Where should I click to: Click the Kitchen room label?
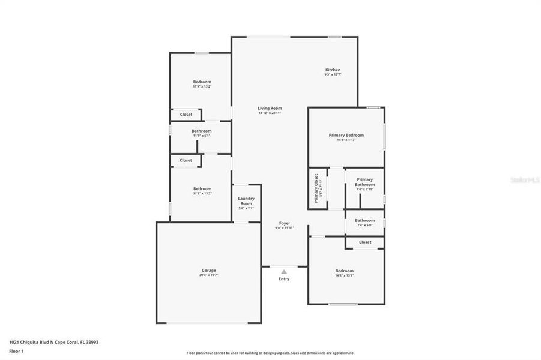tap(333, 70)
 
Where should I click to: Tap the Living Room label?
tap(270, 108)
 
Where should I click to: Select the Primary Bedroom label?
tap(346, 135)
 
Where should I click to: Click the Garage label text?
tap(208, 270)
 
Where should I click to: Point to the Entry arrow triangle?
tap(284, 272)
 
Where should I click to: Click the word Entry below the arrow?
tap(284, 279)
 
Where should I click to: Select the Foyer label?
tap(285, 223)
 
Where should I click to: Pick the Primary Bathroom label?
tap(364, 182)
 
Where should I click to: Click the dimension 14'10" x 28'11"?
tap(270, 113)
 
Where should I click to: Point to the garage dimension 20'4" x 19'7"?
tap(208, 275)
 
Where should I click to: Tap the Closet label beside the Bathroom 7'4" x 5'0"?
tap(365, 242)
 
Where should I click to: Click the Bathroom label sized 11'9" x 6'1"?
tap(201, 131)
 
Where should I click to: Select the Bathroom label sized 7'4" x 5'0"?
tap(364, 220)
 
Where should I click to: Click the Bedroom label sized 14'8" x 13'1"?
tap(344, 271)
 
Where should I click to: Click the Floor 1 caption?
tap(17, 350)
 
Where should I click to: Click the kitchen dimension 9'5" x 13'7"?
tap(333, 74)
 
